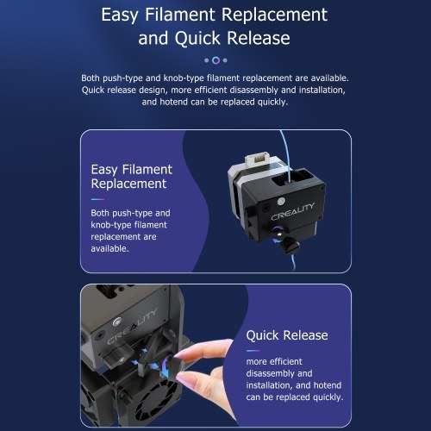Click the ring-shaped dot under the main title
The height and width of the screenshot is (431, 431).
(215, 60)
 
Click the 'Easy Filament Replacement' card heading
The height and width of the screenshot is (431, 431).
(132, 177)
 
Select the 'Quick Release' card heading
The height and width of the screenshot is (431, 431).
(287, 335)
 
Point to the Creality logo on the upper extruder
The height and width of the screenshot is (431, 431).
(292, 211)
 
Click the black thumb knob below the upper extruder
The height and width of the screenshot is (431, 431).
(290, 246)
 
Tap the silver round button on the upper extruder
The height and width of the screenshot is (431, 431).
(281, 201)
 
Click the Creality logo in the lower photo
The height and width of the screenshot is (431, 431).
(132, 326)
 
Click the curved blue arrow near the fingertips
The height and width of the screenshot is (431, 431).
(165, 367)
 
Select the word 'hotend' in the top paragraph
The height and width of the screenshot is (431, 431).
(173, 102)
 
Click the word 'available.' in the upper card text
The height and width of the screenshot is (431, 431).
(109, 248)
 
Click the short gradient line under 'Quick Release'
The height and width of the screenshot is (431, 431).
(253, 351)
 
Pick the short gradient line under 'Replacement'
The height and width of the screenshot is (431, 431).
(97, 199)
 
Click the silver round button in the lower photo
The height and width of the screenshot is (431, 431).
(116, 322)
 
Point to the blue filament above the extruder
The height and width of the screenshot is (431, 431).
(287, 155)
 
